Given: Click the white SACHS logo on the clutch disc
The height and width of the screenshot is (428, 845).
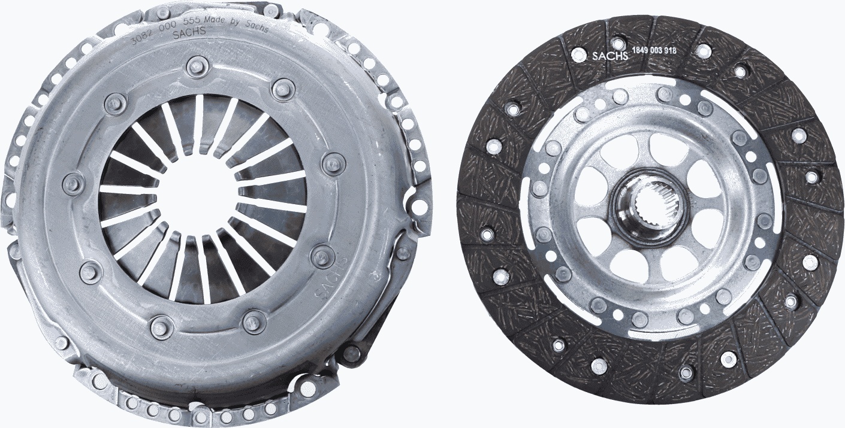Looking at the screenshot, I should pos(609,56).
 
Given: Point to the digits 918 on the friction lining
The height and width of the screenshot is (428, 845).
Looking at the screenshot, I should pos(670,51).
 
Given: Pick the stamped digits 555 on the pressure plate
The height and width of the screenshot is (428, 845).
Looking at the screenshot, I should pos(192,25).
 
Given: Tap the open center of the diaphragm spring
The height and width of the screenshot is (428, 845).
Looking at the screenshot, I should pos(198,192).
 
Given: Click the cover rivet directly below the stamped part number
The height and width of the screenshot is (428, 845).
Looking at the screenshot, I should pos(197,66).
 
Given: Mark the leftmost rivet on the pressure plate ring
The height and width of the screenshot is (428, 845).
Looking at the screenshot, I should pos(73,183).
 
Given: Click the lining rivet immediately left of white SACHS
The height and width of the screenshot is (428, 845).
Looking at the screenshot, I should pos(578,54).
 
